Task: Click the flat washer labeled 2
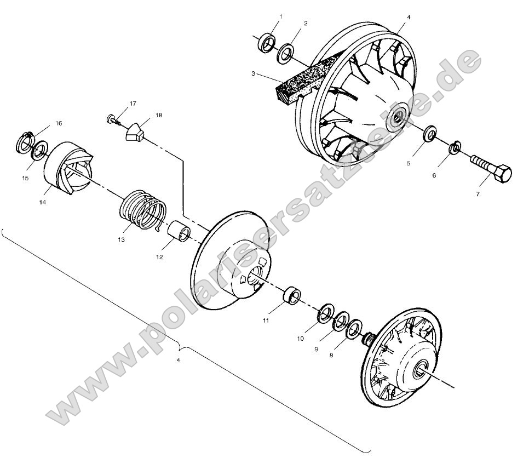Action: tap(285, 54)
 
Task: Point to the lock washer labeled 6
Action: tap(454, 147)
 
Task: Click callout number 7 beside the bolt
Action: tap(478, 194)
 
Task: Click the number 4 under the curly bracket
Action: tap(177, 361)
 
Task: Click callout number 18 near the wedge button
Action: tap(159, 116)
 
